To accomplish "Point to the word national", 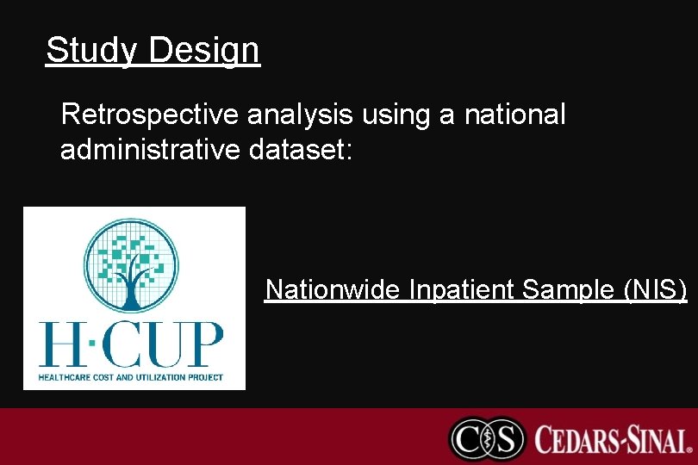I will pos(515,115).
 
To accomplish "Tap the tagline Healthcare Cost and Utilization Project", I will pos(131,377).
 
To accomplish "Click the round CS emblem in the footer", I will pos(487,438).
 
